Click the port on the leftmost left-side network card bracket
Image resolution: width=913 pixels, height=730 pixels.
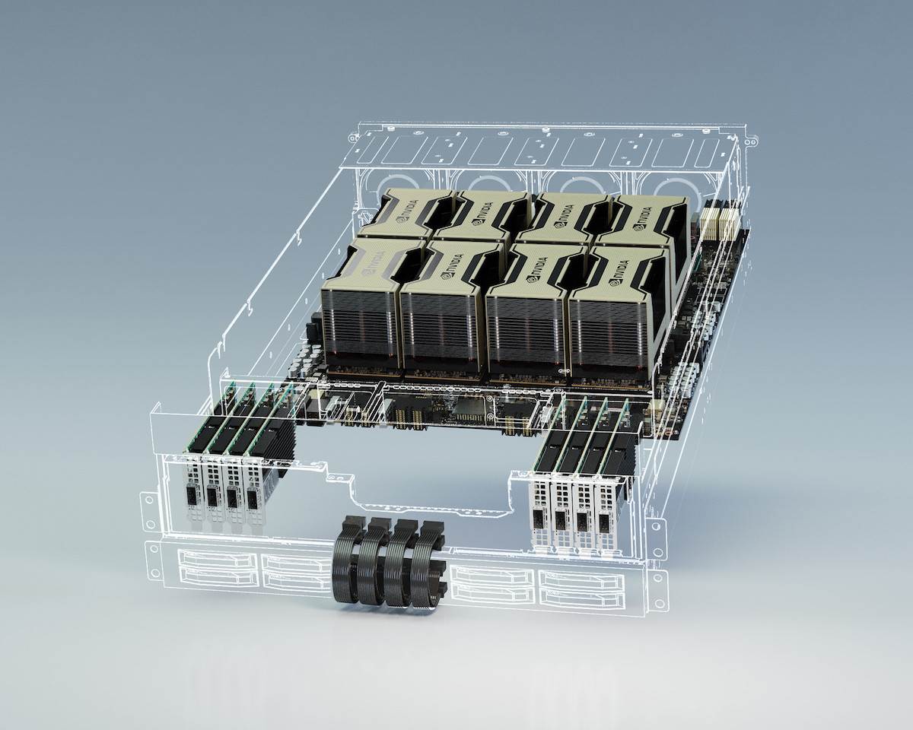pyautogui.click(x=190, y=499)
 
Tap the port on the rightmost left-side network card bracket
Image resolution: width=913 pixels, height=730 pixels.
pyautogui.click(x=251, y=499)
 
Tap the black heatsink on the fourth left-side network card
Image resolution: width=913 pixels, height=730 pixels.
pyautogui.click(x=282, y=449)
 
